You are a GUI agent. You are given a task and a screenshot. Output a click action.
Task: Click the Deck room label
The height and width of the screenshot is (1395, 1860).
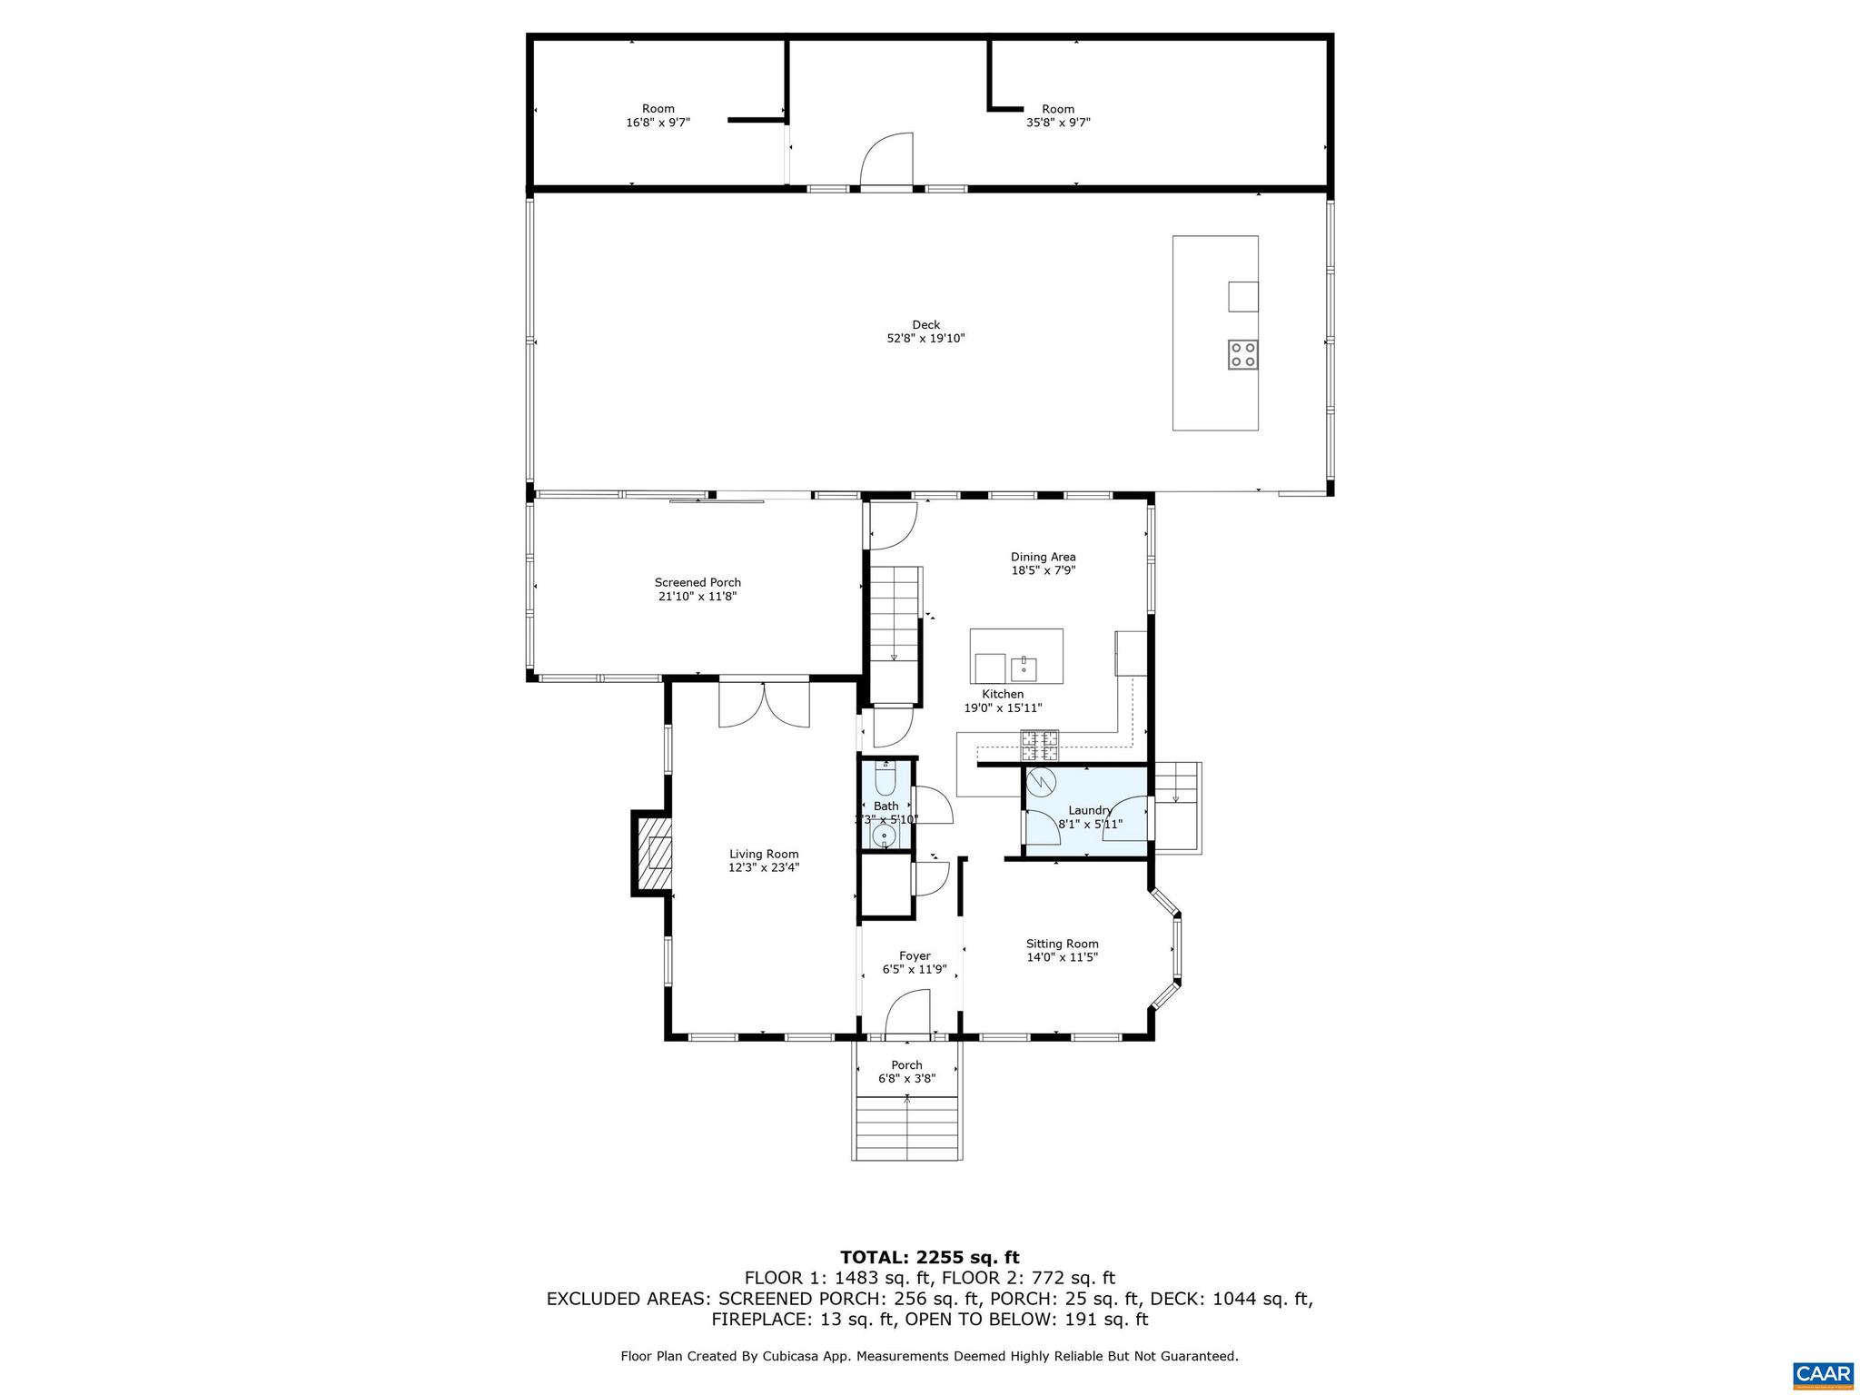pos(925,325)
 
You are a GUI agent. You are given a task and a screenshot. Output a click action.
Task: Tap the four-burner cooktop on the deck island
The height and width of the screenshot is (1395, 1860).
pos(1242,354)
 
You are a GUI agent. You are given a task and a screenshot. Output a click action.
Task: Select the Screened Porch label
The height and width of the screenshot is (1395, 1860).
pos(697,583)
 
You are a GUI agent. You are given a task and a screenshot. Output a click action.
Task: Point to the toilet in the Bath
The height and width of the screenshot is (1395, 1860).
pos(885,779)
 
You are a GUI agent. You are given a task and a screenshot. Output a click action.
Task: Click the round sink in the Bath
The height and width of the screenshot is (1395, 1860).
pos(883,834)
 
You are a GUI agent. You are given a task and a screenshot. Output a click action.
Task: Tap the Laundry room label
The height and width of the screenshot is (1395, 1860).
pos(1090,810)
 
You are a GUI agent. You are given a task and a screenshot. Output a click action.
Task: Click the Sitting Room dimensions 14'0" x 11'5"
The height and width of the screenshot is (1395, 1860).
pos(1062,957)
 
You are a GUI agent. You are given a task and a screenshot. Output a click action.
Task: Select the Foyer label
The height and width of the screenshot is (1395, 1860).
pos(915,955)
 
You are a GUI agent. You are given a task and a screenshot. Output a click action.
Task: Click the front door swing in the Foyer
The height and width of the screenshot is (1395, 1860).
pos(908,1013)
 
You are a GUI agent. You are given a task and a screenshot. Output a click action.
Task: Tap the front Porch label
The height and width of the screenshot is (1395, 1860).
pos(906,1065)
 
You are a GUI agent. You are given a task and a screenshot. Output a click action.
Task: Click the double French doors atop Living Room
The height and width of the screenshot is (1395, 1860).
pos(764,706)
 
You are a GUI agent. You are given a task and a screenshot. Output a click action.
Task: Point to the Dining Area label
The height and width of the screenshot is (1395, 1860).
pos(1044,557)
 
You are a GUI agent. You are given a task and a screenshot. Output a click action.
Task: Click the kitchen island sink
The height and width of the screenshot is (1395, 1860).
pos(1024,668)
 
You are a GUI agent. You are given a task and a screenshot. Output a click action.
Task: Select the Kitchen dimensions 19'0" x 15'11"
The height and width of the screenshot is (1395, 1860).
pos(1003,708)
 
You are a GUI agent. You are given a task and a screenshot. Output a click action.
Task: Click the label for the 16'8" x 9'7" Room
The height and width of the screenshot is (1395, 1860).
pos(658,109)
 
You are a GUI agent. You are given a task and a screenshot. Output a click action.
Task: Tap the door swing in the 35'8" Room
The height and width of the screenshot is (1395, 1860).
pos(887,161)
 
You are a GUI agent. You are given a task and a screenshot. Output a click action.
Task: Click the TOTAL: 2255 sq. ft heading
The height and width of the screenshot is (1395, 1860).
pos(929,1258)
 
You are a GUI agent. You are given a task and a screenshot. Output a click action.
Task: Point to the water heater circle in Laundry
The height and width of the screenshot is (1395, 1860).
pos(1040,780)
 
